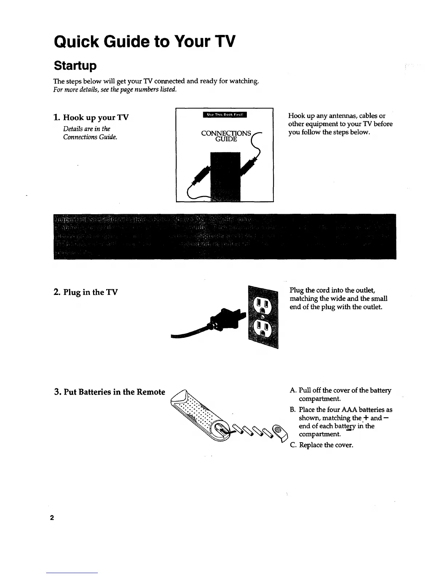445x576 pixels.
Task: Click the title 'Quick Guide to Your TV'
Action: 145,42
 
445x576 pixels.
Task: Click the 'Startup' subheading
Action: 75,66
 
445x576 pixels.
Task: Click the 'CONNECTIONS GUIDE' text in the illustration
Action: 226,136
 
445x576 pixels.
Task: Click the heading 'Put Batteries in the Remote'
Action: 114,392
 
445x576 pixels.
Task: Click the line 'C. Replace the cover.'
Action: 321,445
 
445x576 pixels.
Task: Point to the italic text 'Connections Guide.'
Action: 90,137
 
